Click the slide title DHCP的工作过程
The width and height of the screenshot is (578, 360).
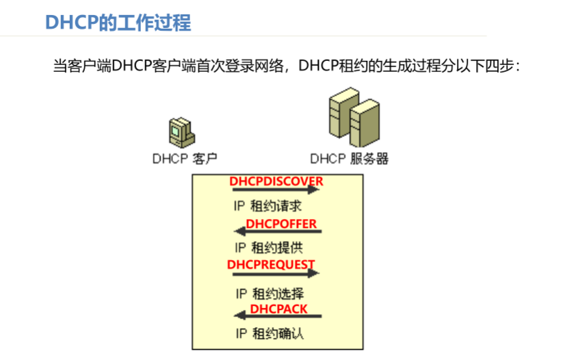click(118, 22)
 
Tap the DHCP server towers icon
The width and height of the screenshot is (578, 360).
click(353, 119)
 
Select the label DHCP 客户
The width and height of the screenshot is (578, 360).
click(185, 159)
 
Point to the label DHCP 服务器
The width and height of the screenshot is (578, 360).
click(349, 159)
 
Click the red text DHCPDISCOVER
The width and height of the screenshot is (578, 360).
click(276, 181)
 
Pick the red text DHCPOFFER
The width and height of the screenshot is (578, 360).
click(282, 224)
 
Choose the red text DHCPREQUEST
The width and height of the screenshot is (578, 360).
click(271, 264)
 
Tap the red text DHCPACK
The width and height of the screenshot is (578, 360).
click(278, 309)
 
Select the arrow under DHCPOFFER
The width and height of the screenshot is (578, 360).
click(278, 232)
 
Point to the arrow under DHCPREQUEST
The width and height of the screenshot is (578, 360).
click(276, 273)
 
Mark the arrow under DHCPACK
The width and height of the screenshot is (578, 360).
click(278, 316)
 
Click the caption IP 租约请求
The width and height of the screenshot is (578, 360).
click(268, 206)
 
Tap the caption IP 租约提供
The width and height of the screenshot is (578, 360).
click(268, 247)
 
